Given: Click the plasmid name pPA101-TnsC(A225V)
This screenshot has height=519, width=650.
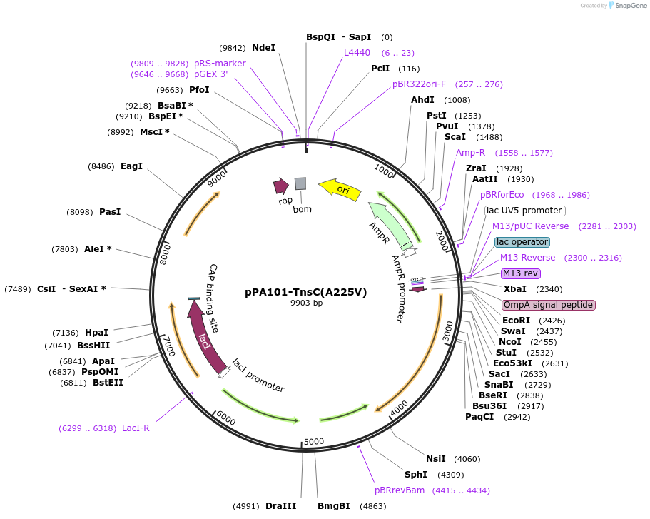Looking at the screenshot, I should [x=305, y=291].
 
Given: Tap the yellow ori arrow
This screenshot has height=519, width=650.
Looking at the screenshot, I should [x=340, y=188].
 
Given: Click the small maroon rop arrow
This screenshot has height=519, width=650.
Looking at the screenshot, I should [x=280, y=186].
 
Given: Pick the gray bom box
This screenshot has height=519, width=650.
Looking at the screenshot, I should [x=300, y=183].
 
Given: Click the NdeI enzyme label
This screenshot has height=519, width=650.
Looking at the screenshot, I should [x=263, y=48].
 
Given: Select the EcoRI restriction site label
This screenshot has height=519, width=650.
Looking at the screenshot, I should [x=516, y=321].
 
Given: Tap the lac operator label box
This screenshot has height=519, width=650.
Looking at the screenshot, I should [x=522, y=242].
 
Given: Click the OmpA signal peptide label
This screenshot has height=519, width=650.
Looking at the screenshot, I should [x=548, y=305].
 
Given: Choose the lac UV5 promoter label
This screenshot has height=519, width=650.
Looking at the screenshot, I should [x=524, y=211].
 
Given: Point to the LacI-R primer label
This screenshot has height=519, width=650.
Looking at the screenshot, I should [x=136, y=428].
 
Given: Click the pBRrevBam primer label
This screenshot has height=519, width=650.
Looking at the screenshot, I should [x=400, y=490].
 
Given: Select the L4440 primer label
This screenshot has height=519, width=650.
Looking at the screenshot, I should [x=357, y=53].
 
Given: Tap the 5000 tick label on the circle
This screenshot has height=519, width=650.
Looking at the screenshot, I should [x=314, y=441].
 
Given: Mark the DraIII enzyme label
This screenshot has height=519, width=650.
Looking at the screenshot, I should [x=280, y=506].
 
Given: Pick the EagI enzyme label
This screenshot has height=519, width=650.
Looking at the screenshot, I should [x=131, y=166].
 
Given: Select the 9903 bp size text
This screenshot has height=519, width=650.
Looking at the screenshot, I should [x=306, y=303].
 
